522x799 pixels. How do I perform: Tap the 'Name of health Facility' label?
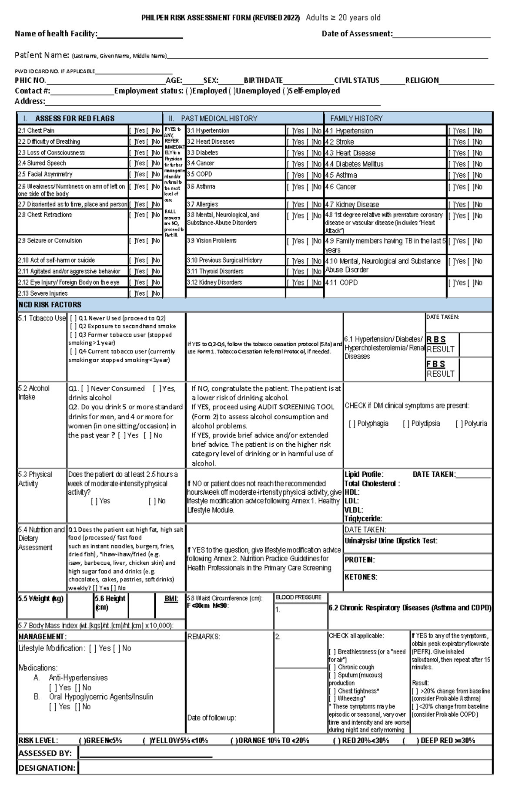coord(56,34)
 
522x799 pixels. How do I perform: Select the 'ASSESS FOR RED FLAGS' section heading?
coord(75,118)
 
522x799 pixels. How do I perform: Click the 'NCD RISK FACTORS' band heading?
coord(50,305)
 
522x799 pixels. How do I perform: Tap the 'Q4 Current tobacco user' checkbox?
coord(73,352)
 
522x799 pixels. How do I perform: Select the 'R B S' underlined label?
coord(436,340)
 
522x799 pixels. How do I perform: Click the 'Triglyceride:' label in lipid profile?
coord(363,519)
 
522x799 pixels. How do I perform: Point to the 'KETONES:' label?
coord(361,577)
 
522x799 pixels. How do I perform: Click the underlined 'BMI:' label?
coord(171,599)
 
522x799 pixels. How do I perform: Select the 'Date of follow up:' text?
coord(211,718)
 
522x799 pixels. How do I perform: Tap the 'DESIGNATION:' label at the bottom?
coord(47,768)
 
